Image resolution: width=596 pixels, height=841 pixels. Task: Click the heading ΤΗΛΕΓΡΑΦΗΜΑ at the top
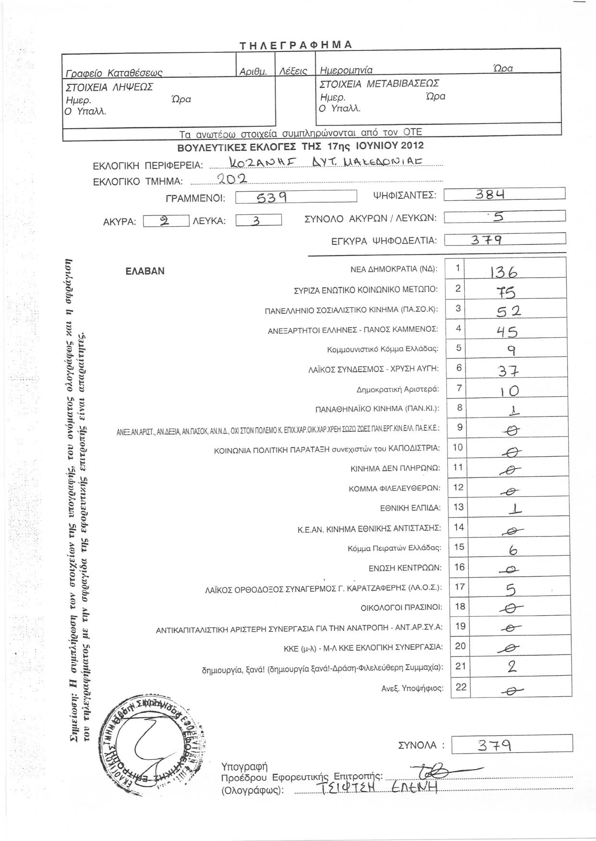pyautogui.click(x=297, y=45)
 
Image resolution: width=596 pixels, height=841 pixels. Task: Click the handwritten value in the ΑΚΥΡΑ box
pyautogui.click(x=164, y=221)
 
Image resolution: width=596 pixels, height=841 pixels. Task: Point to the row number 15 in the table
pyautogui.click(x=459, y=547)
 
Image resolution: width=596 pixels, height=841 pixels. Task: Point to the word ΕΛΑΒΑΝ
pyautogui.click(x=145, y=271)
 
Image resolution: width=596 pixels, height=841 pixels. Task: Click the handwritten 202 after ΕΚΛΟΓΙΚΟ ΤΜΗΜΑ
pyautogui.click(x=232, y=180)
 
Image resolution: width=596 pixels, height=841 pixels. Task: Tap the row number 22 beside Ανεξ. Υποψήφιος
pyautogui.click(x=460, y=687)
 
